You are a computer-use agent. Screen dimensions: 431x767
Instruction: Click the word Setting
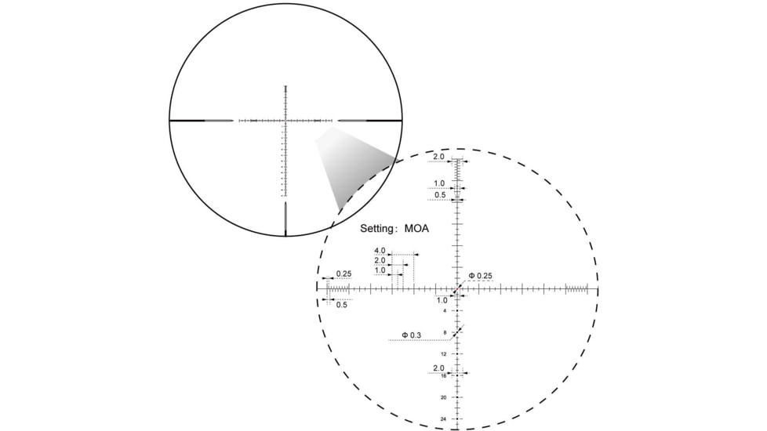coord(377,230)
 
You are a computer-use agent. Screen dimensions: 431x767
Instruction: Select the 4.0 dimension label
coord(380,251)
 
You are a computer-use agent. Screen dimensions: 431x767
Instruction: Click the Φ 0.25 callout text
coord(480,276)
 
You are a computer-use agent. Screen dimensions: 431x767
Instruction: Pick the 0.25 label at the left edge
coord(344,274)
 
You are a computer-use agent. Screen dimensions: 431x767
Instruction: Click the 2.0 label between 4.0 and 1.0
coord(380,261)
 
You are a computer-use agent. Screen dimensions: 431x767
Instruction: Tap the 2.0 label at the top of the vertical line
coord(438,157)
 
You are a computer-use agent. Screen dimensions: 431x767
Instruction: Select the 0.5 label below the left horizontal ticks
coord(342,304)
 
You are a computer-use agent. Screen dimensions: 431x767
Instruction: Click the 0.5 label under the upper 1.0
coord(440,195)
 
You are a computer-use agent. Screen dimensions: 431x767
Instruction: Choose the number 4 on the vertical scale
coord(445,311)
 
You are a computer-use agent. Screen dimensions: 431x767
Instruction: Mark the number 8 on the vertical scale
coord(445,333)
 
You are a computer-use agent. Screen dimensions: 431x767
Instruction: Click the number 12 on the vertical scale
coord(444,354)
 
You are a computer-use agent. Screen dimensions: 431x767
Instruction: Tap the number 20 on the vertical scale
coord(444,397)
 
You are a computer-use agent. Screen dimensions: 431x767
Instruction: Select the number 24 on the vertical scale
coord(444,419)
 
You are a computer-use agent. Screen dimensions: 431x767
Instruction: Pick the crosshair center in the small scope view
coord(285,121)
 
